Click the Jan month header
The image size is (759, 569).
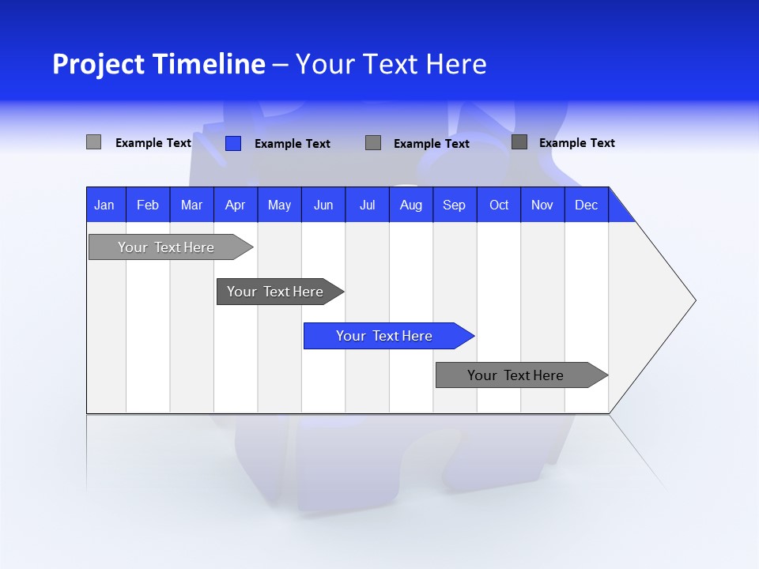105,205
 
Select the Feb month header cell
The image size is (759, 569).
148,205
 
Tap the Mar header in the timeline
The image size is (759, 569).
191,205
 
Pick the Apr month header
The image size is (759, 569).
235,205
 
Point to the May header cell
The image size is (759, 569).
279,205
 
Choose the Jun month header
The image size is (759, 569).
323,205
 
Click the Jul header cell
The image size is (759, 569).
367,205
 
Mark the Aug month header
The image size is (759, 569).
410,205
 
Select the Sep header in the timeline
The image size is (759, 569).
454,205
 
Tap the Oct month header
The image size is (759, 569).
499,205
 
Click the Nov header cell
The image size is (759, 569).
542,205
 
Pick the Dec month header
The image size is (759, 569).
586,205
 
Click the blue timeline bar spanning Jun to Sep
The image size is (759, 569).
385,336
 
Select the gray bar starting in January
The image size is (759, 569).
167,247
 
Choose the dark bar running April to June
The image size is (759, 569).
276,292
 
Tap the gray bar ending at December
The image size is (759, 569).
516,375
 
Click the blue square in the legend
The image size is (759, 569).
233,143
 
